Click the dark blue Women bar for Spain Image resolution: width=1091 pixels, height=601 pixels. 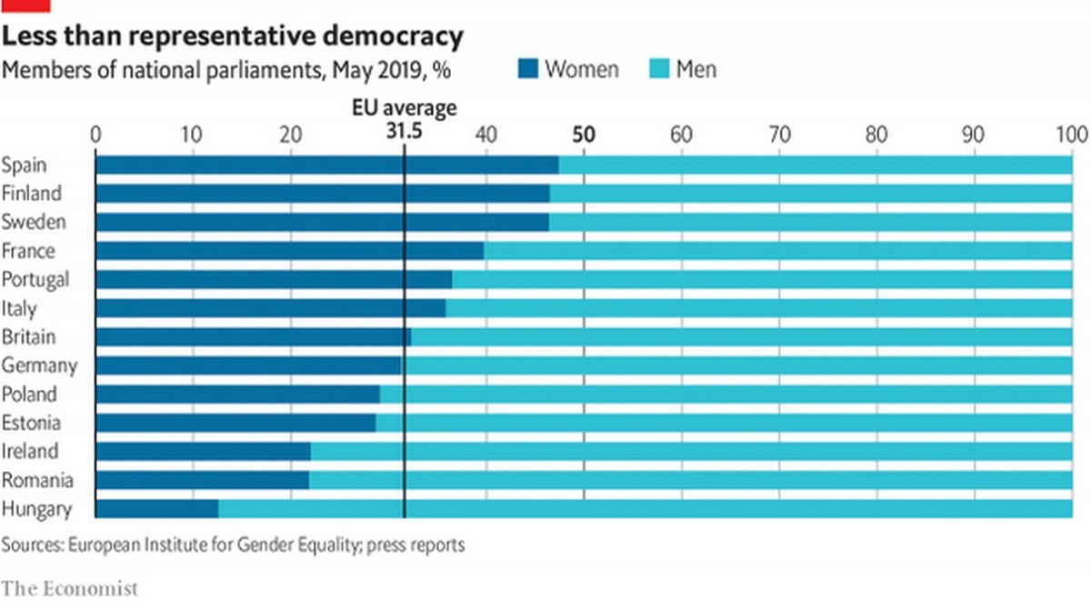(327, 165)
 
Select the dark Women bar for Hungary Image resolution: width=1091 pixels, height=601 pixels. (156, 508)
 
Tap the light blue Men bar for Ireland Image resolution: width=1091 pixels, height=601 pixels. (691, 451)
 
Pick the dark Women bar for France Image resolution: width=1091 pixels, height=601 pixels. (289, 251)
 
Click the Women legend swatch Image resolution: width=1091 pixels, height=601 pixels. (528, 68)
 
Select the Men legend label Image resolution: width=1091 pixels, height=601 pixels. (696, 68)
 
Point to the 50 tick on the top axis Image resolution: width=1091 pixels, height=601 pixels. (583, 135)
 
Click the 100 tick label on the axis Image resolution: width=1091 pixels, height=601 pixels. (1072, 135)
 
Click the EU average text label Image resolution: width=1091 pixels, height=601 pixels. (404, 109)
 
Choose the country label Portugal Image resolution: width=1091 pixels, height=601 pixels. (35, 279)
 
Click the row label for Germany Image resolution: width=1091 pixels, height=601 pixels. (39, 366)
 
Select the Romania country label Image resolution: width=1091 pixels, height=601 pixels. (37, 480)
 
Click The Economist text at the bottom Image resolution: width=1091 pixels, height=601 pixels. (69, 587)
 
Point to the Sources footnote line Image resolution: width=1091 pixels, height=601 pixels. (233, 546)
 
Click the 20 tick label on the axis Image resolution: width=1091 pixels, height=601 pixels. (290, 135)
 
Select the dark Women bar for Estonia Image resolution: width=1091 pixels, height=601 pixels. (235, 423)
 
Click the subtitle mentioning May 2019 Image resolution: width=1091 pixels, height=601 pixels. (226, 69)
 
